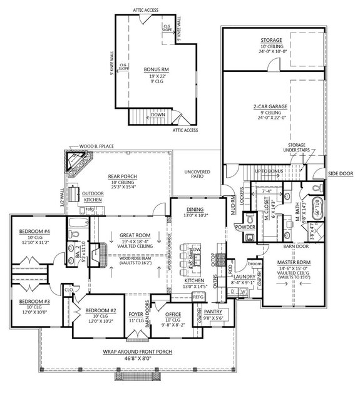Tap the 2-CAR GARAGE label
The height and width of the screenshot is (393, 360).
point(270,107)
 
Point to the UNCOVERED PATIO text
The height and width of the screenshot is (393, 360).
point(198,174)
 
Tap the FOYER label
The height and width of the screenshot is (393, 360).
point(135,315)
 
